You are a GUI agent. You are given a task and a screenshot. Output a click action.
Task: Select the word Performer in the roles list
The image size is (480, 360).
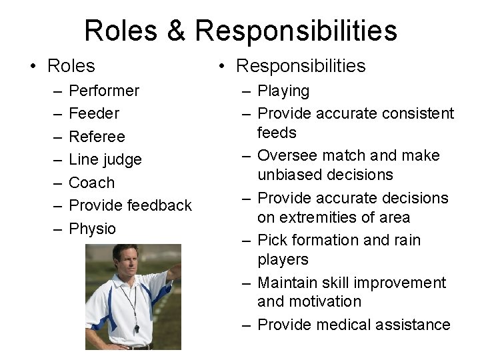point(104,91)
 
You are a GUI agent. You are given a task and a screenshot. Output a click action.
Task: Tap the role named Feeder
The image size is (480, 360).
point(94,113)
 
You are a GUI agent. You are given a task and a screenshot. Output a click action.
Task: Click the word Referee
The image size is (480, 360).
point(97,137)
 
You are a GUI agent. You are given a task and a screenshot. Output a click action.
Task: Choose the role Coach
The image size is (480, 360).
point(92,183)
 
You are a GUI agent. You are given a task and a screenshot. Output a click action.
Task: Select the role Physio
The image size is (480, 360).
point(93,229)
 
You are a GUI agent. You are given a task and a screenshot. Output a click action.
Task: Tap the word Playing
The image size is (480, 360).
point(283,91)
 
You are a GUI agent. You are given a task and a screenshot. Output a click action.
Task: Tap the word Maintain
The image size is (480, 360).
point(288,283)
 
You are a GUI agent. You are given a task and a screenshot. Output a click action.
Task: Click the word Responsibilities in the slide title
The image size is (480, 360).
point(297,31)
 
